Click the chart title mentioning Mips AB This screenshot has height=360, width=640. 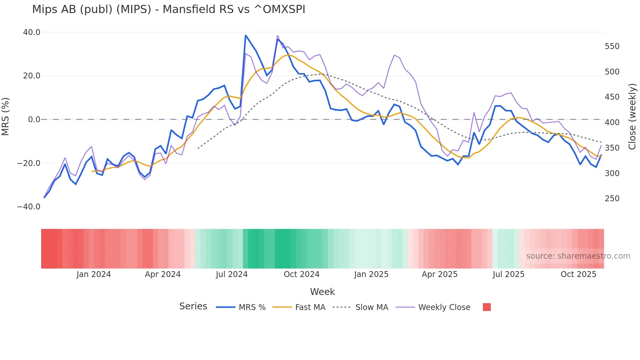click(x=168, y=9)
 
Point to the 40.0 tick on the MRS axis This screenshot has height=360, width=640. click(x=32, y=32)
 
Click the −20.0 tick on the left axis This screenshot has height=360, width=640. click(x=29, y=163)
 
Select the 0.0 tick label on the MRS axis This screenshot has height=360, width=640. click(x=34, y=120)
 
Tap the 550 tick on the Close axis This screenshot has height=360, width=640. click(x=612, y=46)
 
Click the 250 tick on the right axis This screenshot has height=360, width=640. click(x=612, y=199)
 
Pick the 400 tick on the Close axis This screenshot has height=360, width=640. click(x=612, y=123)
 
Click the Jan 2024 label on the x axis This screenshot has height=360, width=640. click(x=94, y=274)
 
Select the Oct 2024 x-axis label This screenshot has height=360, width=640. click(x=301, y=274)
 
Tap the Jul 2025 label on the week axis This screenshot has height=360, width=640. click(x=508, y=274)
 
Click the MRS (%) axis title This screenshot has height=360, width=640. click(x=6, y=116)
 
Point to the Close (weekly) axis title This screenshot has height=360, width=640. click(x=632, y=117)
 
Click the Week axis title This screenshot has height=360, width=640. click(x=322, y=292)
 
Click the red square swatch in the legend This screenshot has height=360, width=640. click(x=487, y=307)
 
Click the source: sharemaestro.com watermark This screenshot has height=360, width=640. click(x=578, y=256)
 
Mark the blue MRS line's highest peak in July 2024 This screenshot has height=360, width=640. click(x=246, y=35)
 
